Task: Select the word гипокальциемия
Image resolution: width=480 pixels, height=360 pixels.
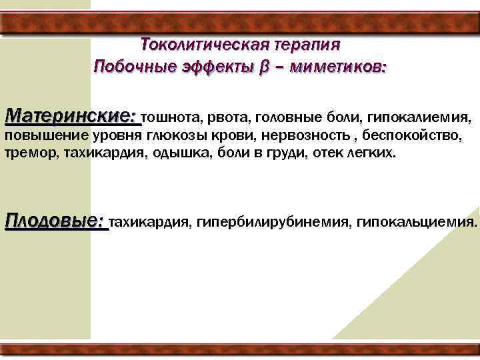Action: (x=417, y=222)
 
